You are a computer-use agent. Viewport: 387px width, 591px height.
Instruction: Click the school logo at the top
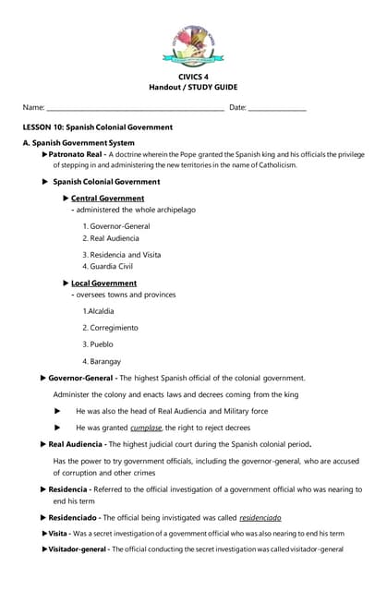[193, 44]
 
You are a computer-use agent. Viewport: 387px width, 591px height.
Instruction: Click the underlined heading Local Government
[103, 283]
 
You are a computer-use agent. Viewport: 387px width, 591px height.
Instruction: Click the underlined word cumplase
[146, 428]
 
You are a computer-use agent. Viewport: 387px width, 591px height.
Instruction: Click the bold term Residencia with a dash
[69, 488]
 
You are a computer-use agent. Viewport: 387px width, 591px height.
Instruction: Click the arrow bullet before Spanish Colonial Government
[45, 182]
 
